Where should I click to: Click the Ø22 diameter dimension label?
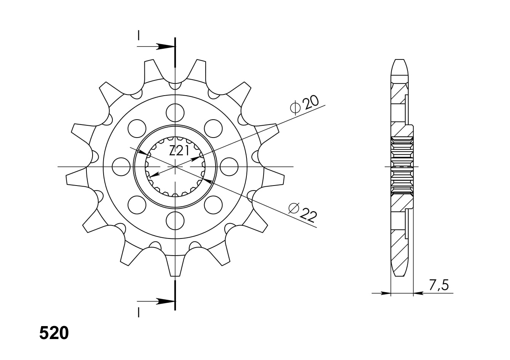302,213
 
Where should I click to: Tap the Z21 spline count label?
179,151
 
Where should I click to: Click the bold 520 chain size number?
54,333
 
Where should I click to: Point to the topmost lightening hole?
175,113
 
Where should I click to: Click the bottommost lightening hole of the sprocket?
175,221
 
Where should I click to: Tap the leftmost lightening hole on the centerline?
121,167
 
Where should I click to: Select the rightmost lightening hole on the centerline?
229,167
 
